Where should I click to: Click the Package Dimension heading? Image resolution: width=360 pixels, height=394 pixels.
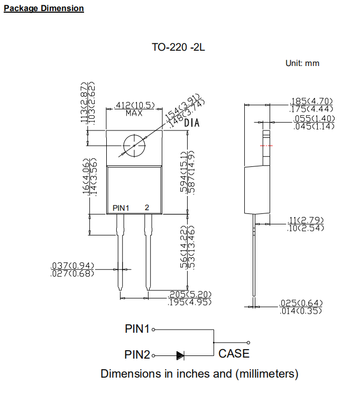tap(43, 8)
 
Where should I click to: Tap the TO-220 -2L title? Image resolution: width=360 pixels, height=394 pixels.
tap(178, 47)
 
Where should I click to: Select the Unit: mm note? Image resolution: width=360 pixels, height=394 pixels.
tap(302, 63)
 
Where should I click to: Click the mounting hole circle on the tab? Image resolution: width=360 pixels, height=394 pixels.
tap(134, 145)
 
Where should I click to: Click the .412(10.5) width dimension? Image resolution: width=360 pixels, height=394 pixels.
tap(134, 105)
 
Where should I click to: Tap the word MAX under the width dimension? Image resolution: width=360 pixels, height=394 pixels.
tap(134, 113)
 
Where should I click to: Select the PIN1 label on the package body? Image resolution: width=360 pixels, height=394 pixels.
tap(121, 208)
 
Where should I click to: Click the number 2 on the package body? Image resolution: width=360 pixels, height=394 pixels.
tap(147, 208)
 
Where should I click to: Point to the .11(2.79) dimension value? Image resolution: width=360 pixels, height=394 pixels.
tap(305, 220)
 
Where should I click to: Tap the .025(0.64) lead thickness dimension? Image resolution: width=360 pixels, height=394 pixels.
tap(301, 303)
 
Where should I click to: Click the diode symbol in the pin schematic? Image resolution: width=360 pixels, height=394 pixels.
tap(180, 355)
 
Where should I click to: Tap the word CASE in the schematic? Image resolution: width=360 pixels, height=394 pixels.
tap(234, 354)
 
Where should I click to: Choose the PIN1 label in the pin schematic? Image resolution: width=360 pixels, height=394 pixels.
tap(137, 329)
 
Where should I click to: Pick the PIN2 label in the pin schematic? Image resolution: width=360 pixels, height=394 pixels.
tap(137, 355)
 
